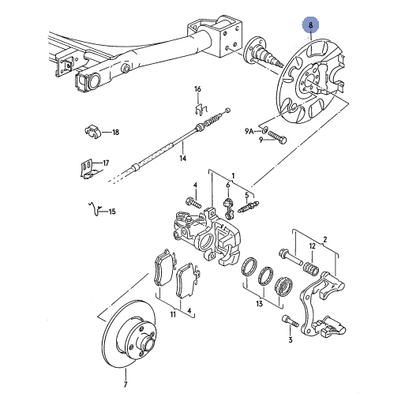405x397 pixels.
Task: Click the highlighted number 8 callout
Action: pos(310,25)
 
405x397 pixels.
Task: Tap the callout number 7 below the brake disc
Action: pos(126,384)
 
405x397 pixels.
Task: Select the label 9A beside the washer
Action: pos(249,131)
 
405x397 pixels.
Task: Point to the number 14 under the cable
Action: pos(183,158)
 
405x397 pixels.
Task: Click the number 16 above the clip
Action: pos(197,89)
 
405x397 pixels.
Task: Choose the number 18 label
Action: pos(116,132)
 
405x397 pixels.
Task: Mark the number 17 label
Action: pos(106,163)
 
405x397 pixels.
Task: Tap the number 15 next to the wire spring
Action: pos(112,212)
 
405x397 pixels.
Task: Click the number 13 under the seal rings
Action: pos(260,304)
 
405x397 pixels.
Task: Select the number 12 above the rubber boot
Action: pos(312,246)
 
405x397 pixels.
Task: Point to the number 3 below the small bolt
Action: pos(291,339)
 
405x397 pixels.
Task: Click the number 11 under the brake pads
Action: pos(173,314)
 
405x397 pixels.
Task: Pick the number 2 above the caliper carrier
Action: pos(325,240)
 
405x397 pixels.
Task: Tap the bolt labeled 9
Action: pos(277,137)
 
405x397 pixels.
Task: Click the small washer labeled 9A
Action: pos(265,129)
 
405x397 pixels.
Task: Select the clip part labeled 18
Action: pos(93,131)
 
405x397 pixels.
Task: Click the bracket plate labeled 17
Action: pos(88,170)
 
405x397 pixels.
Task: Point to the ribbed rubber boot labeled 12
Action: pos(311,269)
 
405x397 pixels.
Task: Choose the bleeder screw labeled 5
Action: pos(249,207)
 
